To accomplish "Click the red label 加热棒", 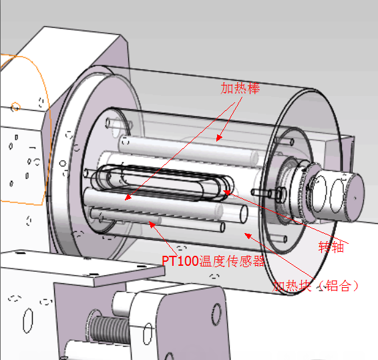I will pyautogui.click(x=240, y=87).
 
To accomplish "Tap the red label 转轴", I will pyautogui.click(x=331, y=246).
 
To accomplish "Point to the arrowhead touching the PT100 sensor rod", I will pyautogui.click(x=152, y=224).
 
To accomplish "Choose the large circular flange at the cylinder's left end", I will pyautogui.click(x=73, y=167).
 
